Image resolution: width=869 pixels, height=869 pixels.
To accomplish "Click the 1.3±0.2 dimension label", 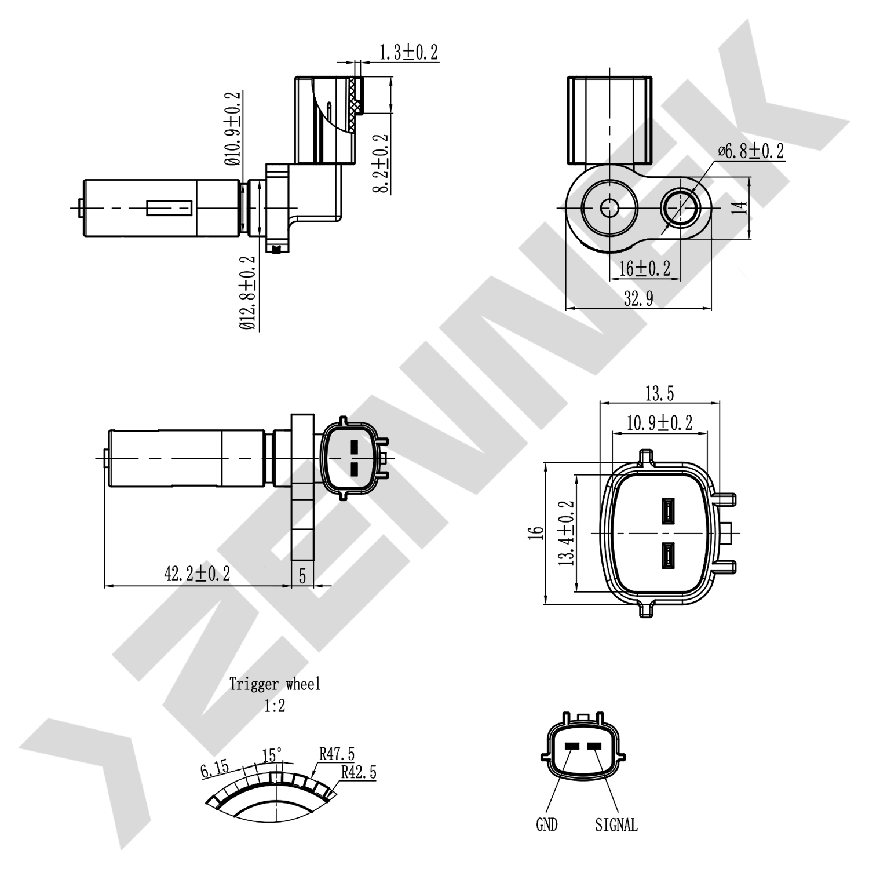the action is point(408,53).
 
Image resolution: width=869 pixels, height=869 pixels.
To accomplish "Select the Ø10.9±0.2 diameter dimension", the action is point(233,129).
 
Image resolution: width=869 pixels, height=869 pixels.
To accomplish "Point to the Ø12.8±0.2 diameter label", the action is point(247,293).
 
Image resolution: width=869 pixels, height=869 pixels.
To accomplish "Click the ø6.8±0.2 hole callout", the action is point(751,152).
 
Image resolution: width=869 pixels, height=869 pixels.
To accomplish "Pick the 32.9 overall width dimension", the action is point(638,299).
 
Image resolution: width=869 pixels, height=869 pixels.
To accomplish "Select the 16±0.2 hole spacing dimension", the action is point(644,268).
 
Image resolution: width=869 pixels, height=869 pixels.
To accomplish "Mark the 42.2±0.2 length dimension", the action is point(197,574).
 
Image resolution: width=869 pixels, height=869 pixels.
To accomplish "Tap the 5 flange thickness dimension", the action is point(302,576).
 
